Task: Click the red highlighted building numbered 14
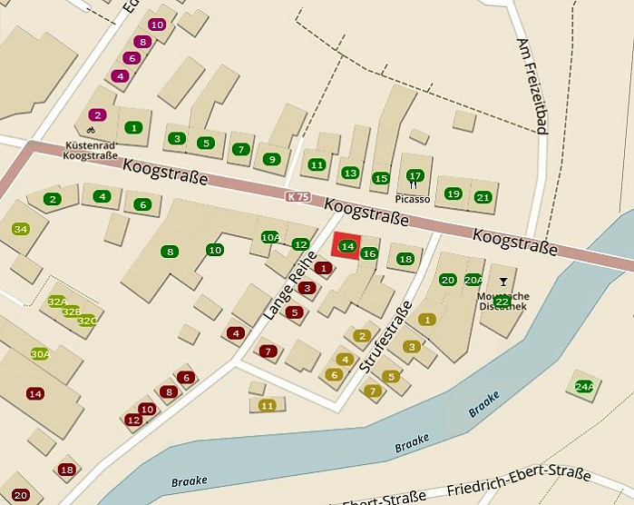pyautogui.click(x=346, y=246)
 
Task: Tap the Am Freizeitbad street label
pyautogui.click(x=532, y=86)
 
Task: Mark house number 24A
pyautogui.click(x=584, y=386)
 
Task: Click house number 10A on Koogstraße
pyautogui.click(x=270, y=238)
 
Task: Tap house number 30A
pyautogui.click(x=40, y=354)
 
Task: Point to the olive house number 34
pyautogui.click(x=21, y=229)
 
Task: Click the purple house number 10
pyautogui.click(x=157, y=25)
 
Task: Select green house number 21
pyautogui.click(x=483, y=196)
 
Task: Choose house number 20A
pyautogui.click(x=473, y=280)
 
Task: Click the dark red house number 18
pyautogui.click(x=66, y=470)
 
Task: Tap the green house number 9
pyautogui.click(x=270, y=160)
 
